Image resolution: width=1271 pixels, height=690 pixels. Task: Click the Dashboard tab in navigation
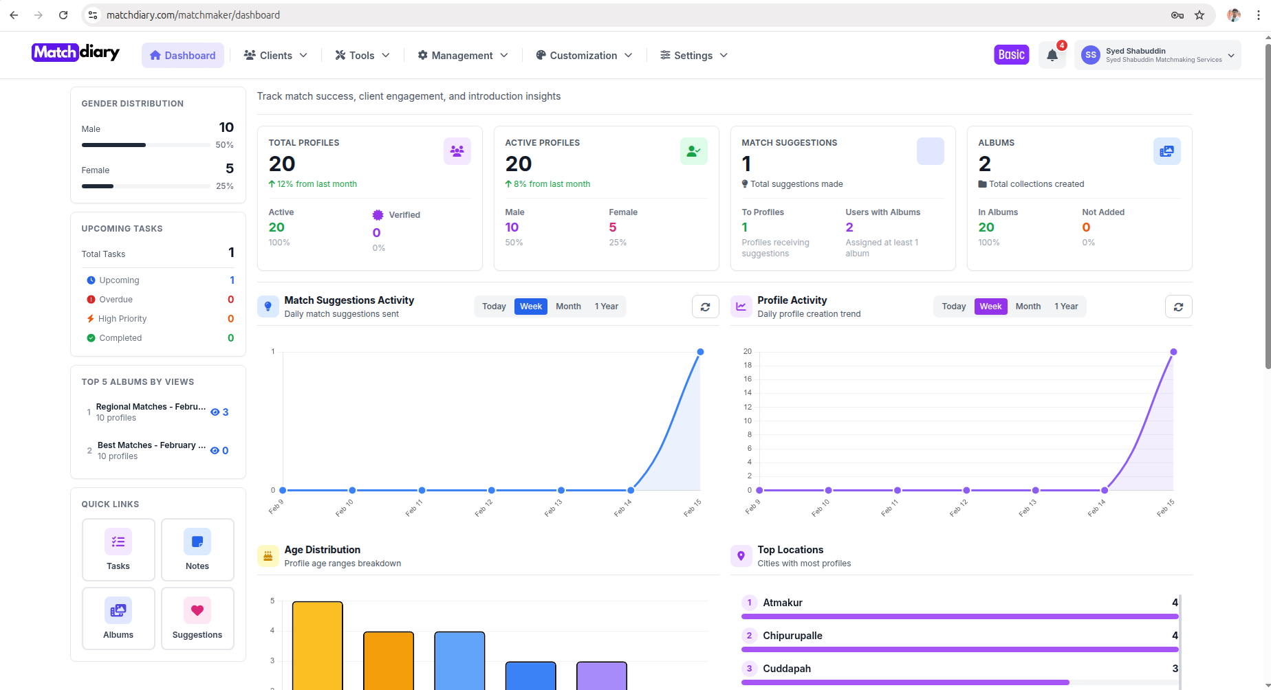click(x=182, y=56)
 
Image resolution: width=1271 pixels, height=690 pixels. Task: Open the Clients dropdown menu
click(x=276, y=56)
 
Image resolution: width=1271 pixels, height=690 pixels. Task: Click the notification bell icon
click(x=1052, y=56)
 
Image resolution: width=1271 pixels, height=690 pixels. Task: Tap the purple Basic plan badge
click(x=1011, y=55)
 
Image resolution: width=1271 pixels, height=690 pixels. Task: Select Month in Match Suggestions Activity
click(x=568, y=307)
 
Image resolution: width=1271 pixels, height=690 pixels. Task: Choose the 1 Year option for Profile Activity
click(x=1066, y=307)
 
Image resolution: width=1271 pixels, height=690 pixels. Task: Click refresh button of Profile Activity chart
click(x=1178, y=307)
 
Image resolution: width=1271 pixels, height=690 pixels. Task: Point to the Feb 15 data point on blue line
click(x=700, y=352)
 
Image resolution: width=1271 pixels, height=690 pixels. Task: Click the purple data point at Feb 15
click(x=1173, y=352)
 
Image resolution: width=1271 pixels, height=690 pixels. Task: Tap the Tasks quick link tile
click(x=118, y=550)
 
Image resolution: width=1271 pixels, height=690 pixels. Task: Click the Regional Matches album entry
click(x=151, y=407)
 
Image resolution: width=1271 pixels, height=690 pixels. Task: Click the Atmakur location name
click(x=783, y=603)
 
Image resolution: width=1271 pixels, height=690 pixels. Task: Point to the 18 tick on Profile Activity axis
click(x=748, y=366)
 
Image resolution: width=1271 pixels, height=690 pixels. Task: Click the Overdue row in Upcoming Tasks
click(x=116, y=300)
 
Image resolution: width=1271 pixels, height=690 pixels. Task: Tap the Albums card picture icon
click(x=1166, y=151)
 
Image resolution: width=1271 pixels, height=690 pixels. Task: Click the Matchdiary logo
click(x=76, y=52)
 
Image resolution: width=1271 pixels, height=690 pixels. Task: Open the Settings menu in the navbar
click(x=693, y=56)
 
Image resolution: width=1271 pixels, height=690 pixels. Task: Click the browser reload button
click(x=63, y=15)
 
